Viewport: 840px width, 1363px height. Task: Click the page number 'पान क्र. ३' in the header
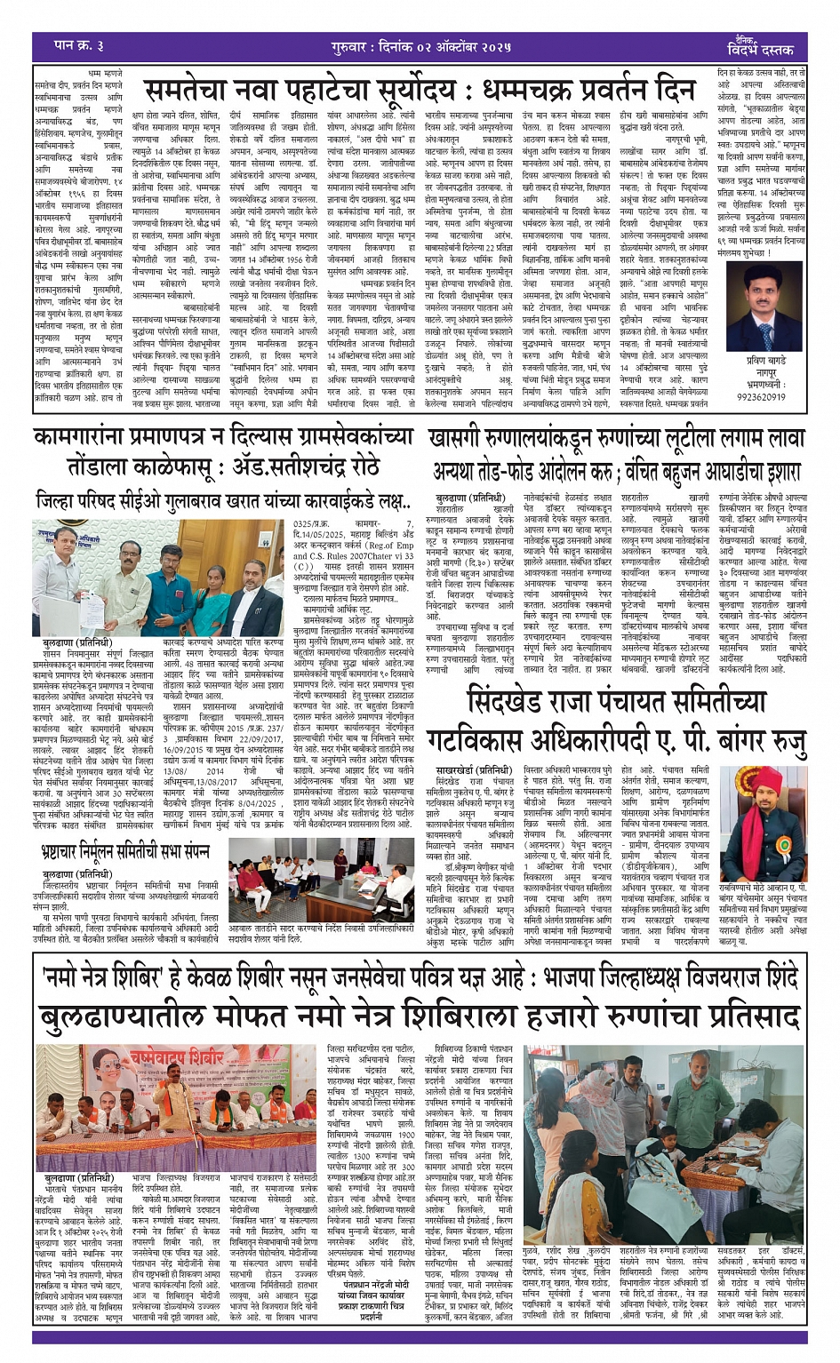[x=80, y=46]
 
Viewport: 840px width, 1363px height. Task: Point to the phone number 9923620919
[x=761, y=396]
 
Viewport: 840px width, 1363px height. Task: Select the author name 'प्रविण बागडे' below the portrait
[x=767, y=361]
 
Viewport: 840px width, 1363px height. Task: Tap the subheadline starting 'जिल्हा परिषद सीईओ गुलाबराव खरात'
[x=222, y=501]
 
